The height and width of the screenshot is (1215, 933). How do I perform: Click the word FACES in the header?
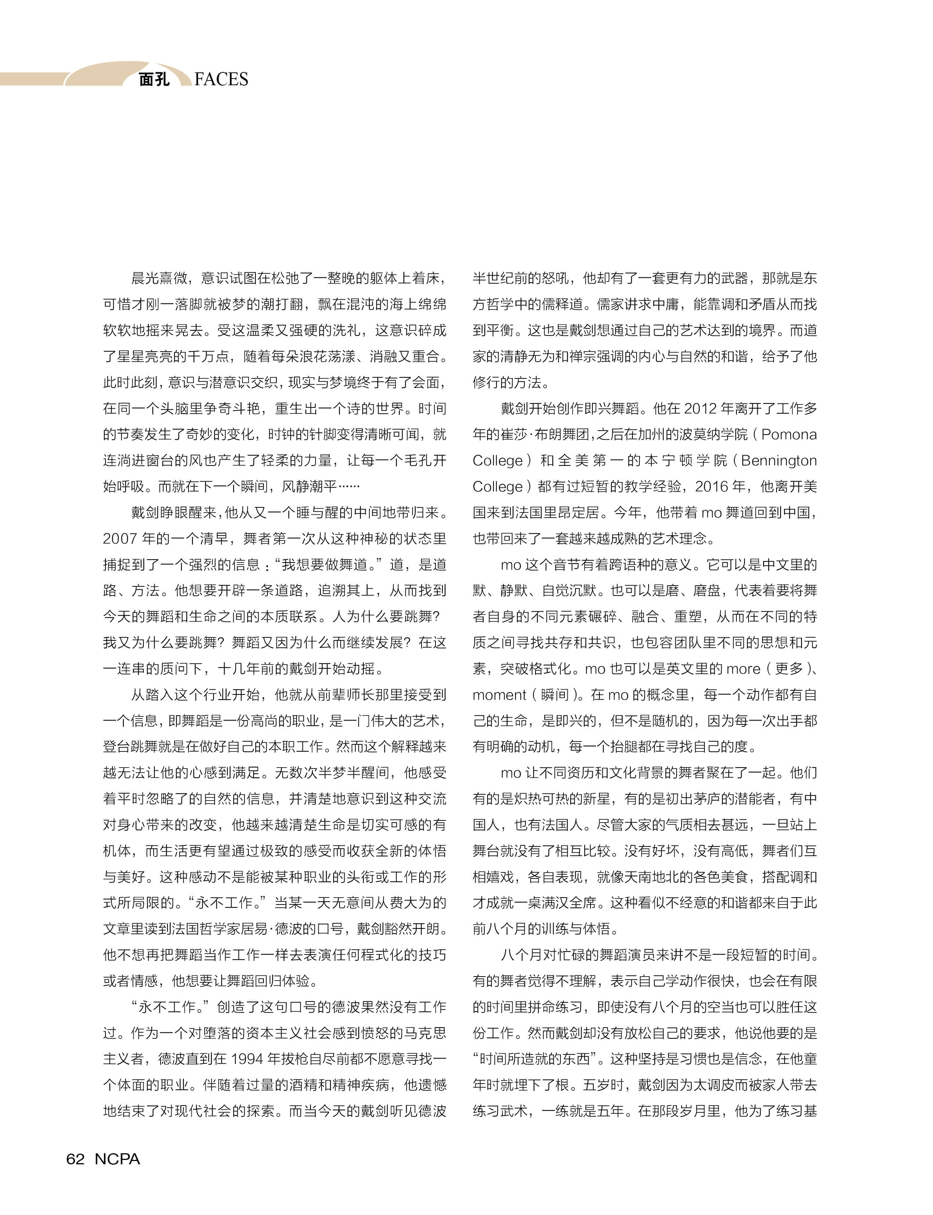pyautogui.click(x=221, y=79)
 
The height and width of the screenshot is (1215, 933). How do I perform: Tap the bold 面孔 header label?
pyautogui.click(x=154, y=79)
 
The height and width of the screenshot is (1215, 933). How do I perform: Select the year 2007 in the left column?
pyautogui.click(x=120, y=538)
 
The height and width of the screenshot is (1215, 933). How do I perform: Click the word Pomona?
pyautogui.click(x=789, y=434)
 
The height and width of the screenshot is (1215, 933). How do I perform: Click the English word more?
pyautogui.click(x=743, y=669)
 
